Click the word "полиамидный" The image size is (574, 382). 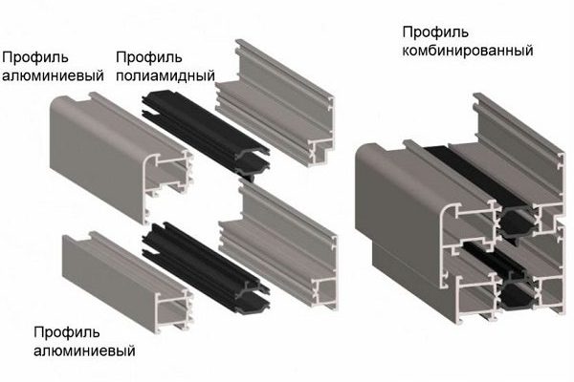point(166,75)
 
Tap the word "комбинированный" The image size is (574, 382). point(468,50)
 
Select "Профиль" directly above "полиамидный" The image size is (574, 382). point(149,57)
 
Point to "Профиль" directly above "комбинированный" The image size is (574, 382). point(435,32)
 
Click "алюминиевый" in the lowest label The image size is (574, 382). point(84,350)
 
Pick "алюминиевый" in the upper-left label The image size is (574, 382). point(53,75)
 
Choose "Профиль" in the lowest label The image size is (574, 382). point(67,332)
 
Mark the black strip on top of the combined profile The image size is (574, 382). point(475,176)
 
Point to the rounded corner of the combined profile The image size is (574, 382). point(369,152)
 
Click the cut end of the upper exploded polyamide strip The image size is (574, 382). point(253,162)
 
